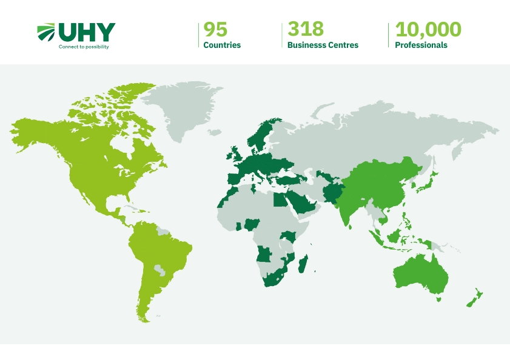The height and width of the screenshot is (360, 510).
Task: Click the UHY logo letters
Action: point(86,32)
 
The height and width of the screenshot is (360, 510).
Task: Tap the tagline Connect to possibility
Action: point(84,47)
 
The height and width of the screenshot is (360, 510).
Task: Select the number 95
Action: point(215,29)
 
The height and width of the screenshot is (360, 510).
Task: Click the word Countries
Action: point(222,45)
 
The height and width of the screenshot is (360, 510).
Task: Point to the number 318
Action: point(306,29)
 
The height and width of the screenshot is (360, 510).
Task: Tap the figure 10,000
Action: point(428,29)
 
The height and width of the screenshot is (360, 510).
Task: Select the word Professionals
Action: point(421,45)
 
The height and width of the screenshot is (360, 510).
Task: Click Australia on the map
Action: point(420,276)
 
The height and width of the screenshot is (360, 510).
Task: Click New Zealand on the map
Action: point(473,298)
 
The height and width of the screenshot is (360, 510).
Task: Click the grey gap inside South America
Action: point(159,268)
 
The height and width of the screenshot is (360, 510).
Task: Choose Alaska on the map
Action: point(33,130)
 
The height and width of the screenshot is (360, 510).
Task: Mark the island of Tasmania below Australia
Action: point(438,298)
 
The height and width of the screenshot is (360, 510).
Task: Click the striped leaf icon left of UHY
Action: point(46,32)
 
